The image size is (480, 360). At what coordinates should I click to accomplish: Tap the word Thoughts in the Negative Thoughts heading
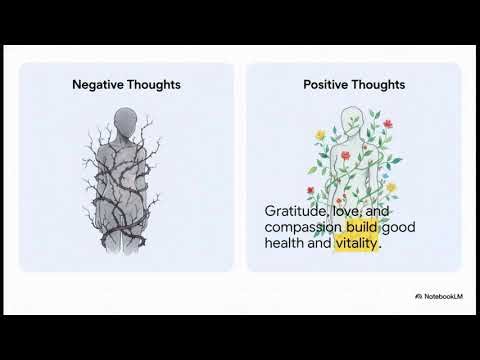click(x=153, y=85)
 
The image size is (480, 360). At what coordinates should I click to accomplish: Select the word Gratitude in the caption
click(x=295, y=211)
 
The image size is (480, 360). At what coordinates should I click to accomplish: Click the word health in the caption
click(x=288, y=243)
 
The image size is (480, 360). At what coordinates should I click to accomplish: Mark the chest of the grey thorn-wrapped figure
click(x=127, y=150)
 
